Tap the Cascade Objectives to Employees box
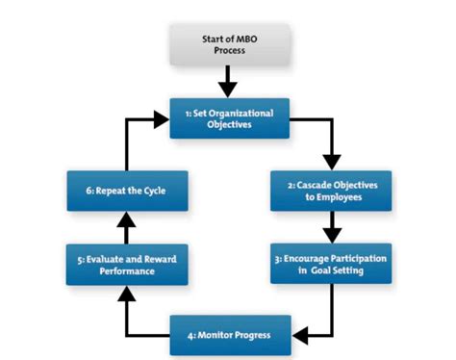[330, 191]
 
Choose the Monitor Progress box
[228, 335]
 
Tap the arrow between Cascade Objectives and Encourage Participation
[331, 227]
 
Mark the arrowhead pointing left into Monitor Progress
[299, 335]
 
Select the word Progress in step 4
[249, 335]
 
